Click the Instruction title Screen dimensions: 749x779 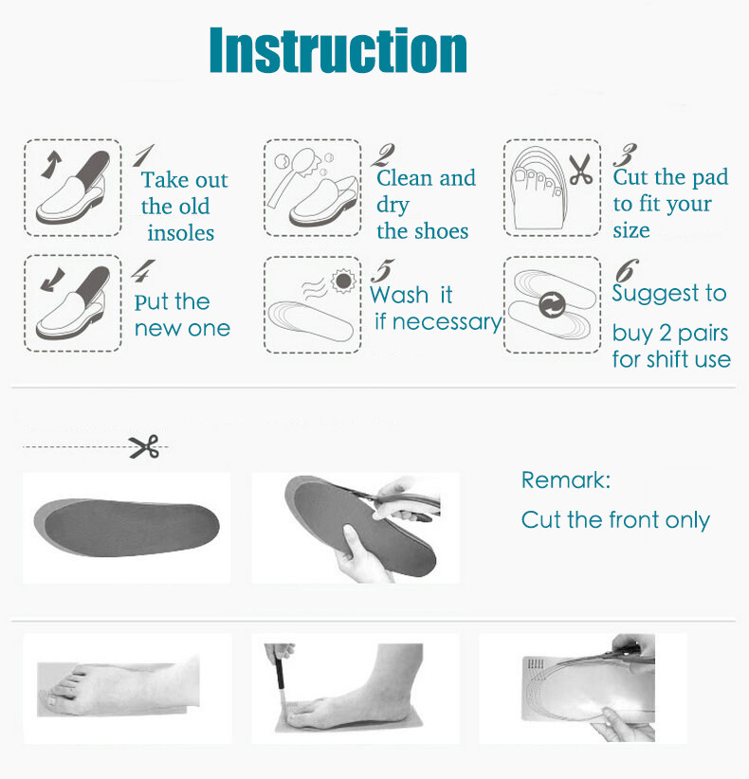click(338, 49)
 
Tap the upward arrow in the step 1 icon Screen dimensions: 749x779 click(52, 165)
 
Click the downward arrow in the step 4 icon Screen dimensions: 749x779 click(53, 280)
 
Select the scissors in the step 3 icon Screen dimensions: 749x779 click(580, 169)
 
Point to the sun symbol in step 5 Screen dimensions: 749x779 click(343, 281)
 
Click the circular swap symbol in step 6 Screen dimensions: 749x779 click(552, 304)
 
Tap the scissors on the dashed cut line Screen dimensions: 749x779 click(144, 446)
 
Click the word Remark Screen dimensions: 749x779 click(566, 480)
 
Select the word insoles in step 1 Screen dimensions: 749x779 click(181, 233)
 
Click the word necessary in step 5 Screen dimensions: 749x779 click(448, 322)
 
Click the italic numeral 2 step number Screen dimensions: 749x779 click(383, 155)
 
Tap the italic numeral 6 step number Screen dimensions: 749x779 click(628, 270)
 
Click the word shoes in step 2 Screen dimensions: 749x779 click(442, 231)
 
